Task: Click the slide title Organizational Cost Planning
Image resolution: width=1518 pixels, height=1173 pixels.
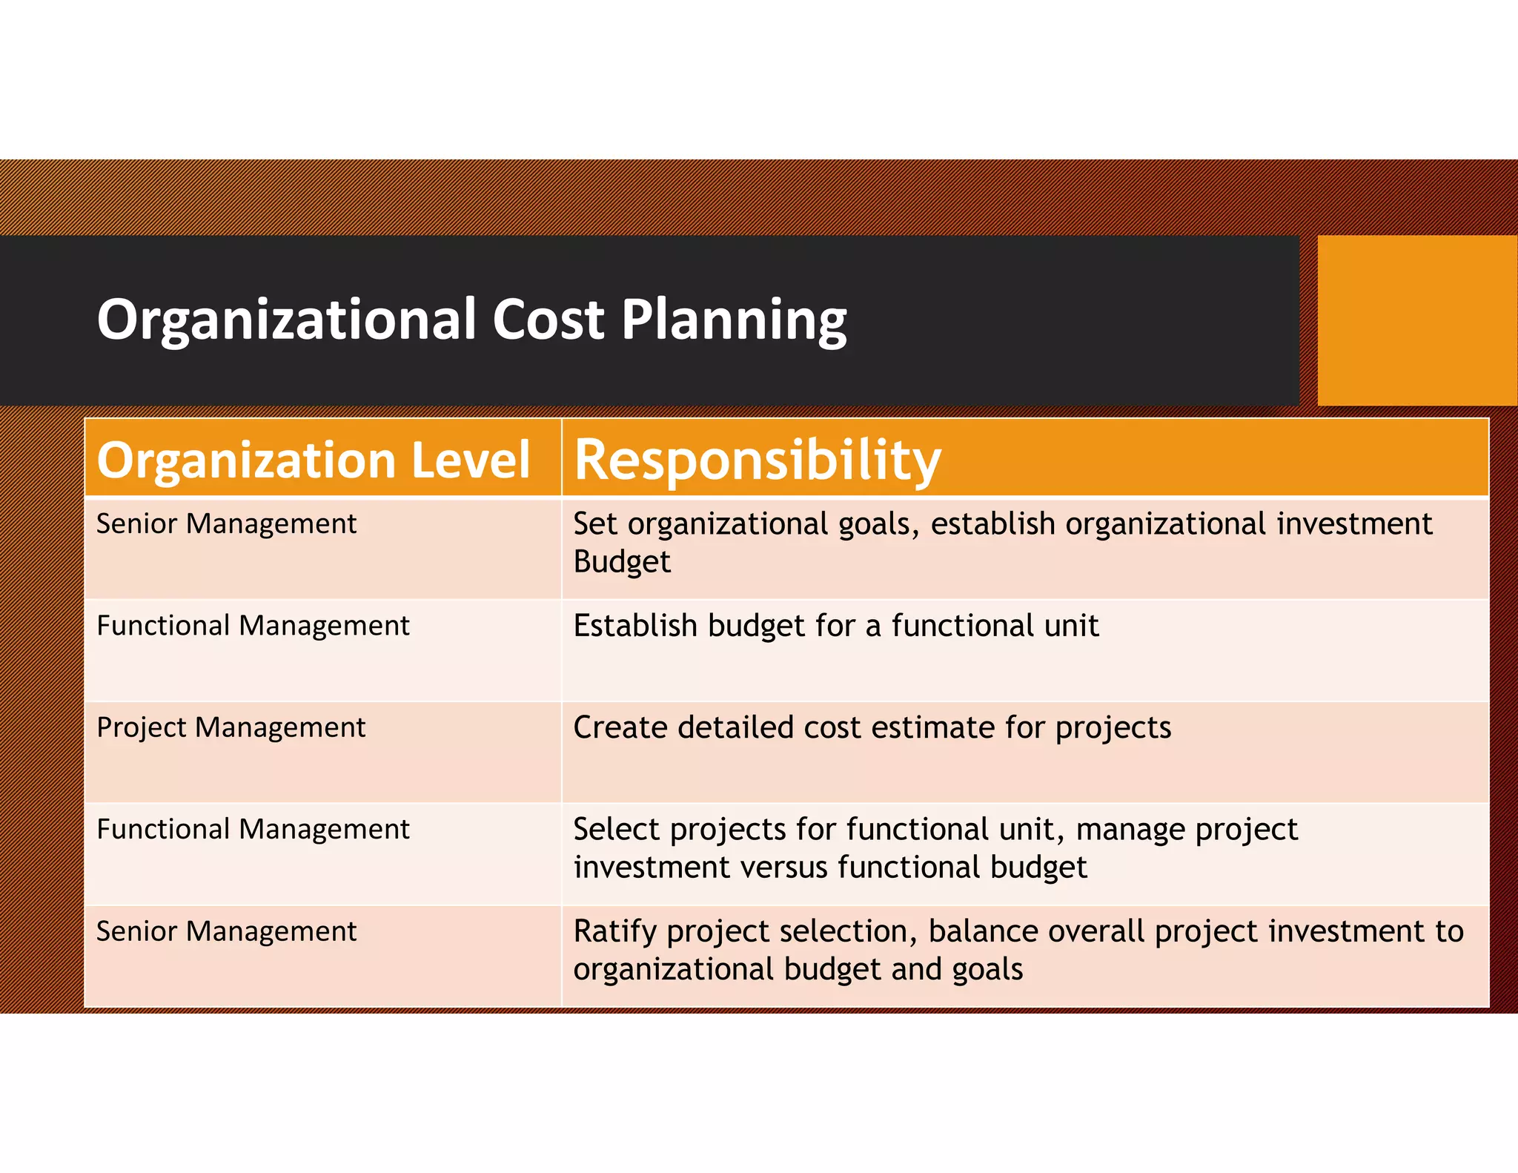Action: click(x=471, y=320)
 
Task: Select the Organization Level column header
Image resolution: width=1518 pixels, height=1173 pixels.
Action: click(x=313, y=460)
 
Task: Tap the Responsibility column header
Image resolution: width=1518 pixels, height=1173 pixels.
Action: click(x=757, y=460)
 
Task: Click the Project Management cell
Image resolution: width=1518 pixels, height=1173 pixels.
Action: click(x=231, y=728)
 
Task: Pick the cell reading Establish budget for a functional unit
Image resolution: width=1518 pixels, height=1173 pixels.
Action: click(x=835, y=627)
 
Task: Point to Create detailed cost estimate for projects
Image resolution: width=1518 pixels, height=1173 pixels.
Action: click(x=872, y=728)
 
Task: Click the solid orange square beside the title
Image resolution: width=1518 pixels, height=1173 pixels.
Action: click(x=1416, y=320)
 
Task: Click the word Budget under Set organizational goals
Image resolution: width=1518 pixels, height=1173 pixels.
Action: click(x=621, y=562)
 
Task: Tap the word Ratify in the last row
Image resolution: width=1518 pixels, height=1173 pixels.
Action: click(x=614, y=932)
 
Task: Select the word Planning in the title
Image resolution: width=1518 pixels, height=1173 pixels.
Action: click(x=733, y=321)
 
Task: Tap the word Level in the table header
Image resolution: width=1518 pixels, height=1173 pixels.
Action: click(x=470, y=460)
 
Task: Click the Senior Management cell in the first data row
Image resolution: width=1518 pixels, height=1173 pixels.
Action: click(x=226, y=524)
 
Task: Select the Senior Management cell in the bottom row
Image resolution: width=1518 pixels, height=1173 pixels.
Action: click(x=226, y=931)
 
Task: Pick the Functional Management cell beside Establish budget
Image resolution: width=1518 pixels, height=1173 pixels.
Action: click(x=253, y=627)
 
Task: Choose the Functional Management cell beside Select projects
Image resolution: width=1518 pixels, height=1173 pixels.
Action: click(x=253, y=830)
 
